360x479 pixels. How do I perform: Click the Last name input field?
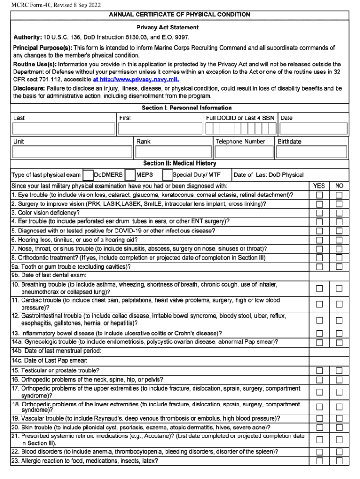(63, 129)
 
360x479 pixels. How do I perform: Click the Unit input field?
(72, 152)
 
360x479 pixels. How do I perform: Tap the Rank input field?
(173, 152)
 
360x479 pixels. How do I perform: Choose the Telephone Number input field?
(244, 152)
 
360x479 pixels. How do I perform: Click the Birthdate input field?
(312, 152)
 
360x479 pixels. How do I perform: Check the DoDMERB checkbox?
(87, 175)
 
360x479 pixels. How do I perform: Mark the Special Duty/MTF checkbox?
(167, 175)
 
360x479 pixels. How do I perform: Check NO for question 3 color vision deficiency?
(339, 212)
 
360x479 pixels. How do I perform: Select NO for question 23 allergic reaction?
(339, 461)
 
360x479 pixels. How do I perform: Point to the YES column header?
(319, 186)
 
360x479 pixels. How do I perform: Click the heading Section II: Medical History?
(180, 163)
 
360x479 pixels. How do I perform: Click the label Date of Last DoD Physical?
(268, 175)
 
